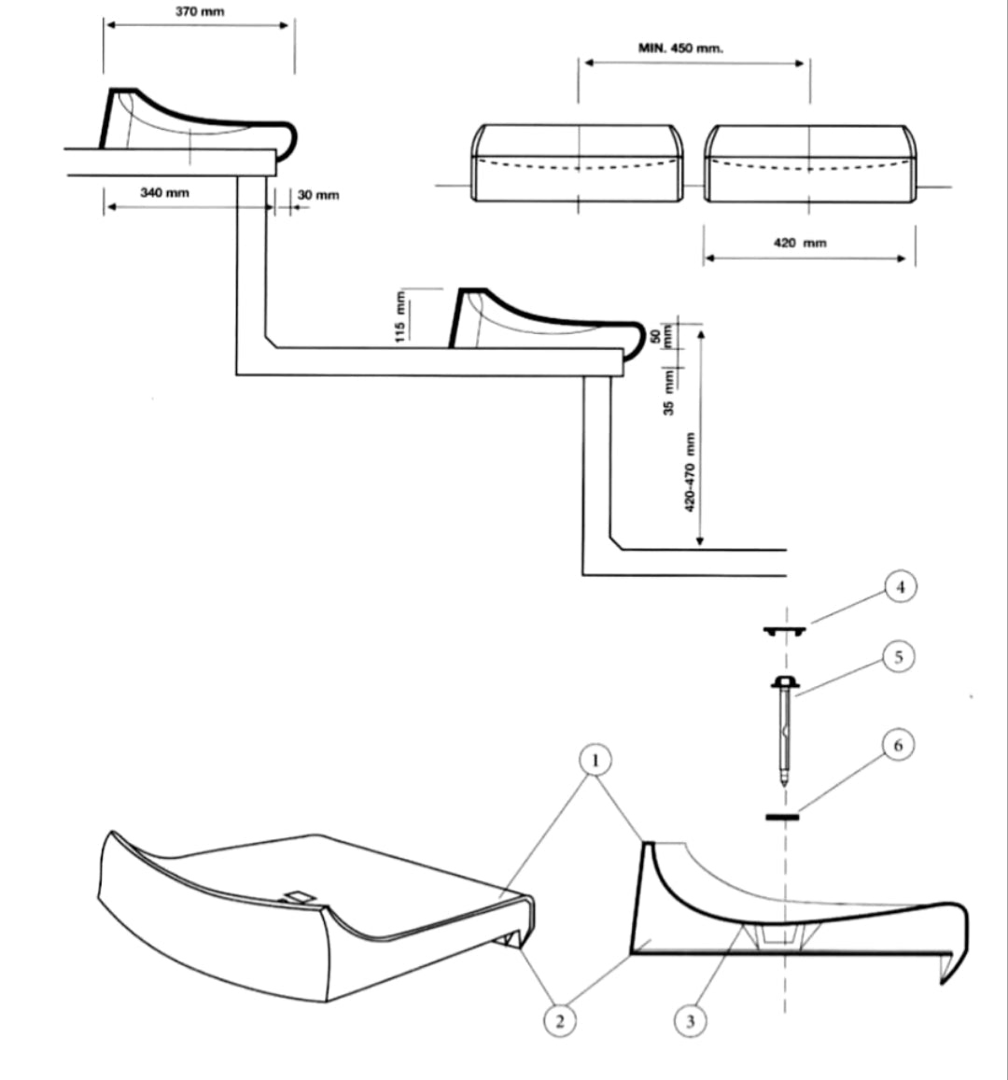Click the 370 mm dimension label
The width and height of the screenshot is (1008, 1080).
coord(200,11)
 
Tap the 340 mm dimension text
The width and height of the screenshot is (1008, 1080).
coord(164,192)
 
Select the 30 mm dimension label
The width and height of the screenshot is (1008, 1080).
coord(318,195)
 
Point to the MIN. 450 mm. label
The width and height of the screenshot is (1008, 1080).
coord(681,48)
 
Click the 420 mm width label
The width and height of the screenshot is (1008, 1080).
coord(800,243)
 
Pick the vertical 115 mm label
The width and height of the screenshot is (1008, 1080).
coord(400,317)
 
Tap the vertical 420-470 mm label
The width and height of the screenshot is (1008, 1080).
coord(690,472)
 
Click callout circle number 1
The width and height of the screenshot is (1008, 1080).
coord(595,761)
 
